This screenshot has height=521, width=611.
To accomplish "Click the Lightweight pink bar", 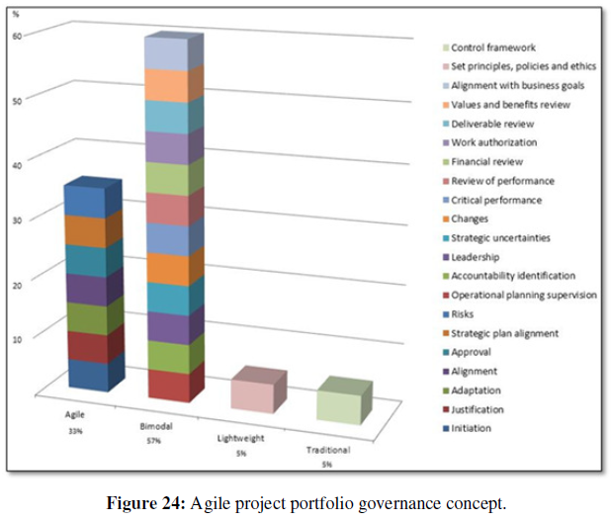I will tap(257, 391).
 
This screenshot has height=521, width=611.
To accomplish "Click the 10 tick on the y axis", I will tap(27, 337).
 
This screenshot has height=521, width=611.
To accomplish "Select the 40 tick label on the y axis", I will tap(26, 157).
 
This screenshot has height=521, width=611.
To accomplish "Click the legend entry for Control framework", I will tap(492, 47).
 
